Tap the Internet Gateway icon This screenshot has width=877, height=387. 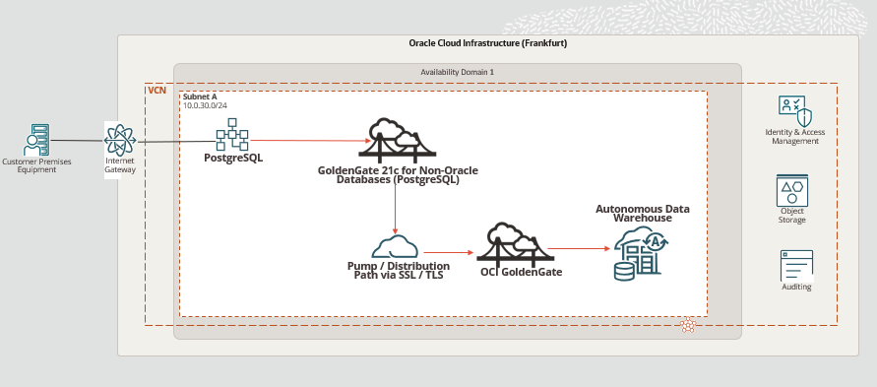119,138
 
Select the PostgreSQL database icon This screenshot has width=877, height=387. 232,135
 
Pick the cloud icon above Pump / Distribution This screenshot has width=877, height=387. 396,245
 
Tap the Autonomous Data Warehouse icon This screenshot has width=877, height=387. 641,253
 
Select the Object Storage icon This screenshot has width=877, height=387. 792,189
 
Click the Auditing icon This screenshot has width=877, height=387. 796,265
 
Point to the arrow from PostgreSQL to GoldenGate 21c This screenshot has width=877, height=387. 311,141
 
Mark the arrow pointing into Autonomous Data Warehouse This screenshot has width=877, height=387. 578,249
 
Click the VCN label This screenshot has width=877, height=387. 157,90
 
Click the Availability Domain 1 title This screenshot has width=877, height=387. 457,72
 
